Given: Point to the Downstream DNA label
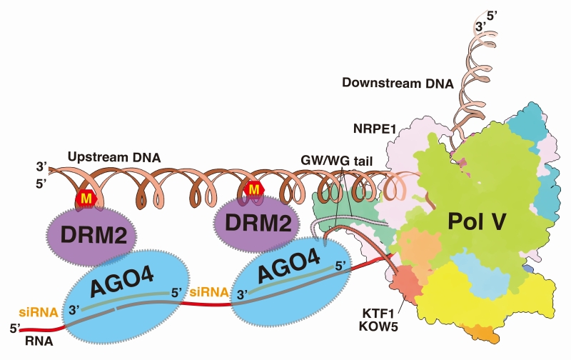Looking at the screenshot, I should click(398, 83).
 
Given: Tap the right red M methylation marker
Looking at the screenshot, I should click(253, 190).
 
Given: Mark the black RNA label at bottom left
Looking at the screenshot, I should click(36, 341).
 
